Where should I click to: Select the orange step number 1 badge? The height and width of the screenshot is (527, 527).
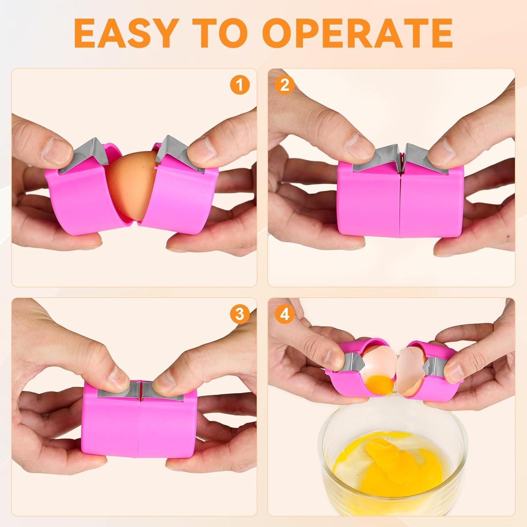(240, 85)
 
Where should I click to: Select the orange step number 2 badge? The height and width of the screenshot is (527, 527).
(285, 85)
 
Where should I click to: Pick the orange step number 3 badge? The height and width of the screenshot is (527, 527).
(240, 314)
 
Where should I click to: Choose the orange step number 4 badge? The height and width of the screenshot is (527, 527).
(285, 314)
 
